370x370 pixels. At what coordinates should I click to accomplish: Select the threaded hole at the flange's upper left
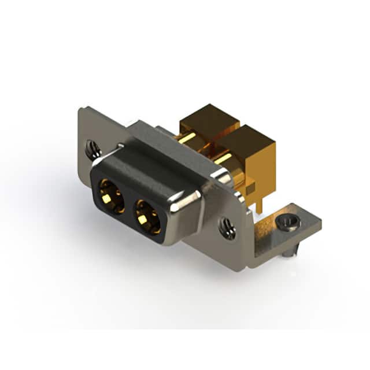coord(92,149)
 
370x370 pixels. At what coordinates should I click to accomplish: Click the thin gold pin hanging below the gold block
coord(261,199)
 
